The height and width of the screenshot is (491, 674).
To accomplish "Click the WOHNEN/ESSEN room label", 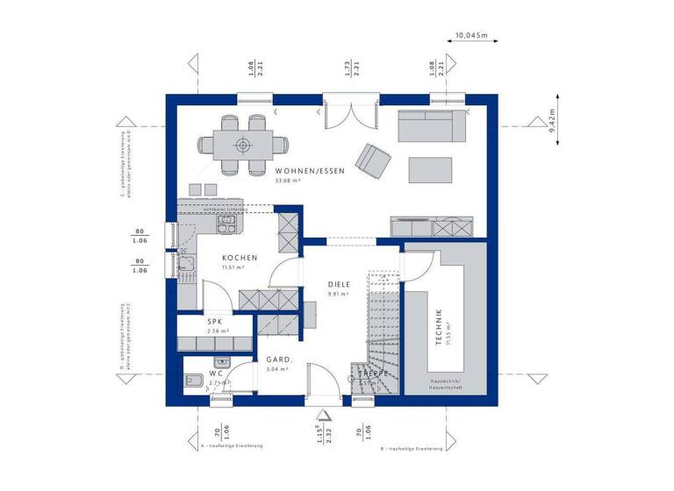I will pos(309,171).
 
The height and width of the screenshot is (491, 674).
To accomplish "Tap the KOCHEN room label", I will pos(240,258).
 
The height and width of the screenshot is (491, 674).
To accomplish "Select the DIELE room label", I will pos(340,284).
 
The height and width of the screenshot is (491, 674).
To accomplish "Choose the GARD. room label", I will pos(279,359).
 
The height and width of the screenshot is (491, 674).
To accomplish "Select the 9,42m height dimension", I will pos(552,126).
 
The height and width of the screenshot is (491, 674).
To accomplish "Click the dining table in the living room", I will pos(241,145).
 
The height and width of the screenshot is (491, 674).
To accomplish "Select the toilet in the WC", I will pos(194,381).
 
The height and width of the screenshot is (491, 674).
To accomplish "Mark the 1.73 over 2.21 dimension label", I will pos(349,68).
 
